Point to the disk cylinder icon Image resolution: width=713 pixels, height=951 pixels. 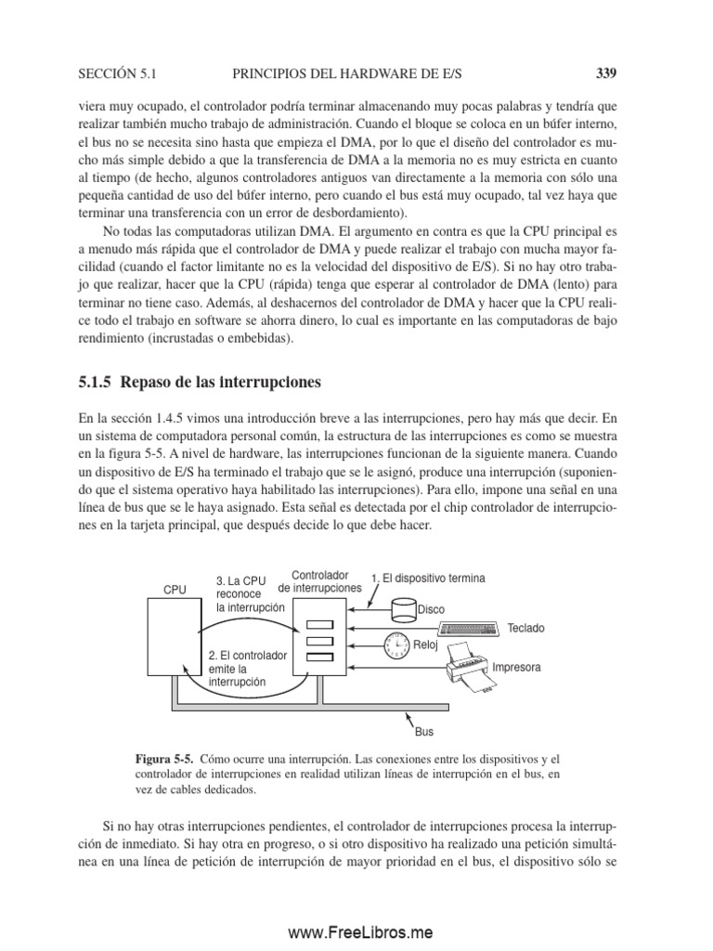pyautogui.click(x=404, y=607)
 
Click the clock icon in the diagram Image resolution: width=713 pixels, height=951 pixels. pyautogui.click(x=395, y=644)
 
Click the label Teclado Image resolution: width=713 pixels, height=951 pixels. pyautogui.click(x=525, y=629)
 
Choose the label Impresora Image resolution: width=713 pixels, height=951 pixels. pyautogui.click(x=516, y=667)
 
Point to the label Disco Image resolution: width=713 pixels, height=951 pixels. pyautogui.click(x=431, y=610)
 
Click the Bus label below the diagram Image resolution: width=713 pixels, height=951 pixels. pyautogui.click(x=423, y=731)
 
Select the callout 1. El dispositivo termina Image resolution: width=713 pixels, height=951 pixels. pyautogui.click(x=427, y=578)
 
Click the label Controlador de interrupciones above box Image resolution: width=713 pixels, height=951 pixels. pyautogui.click(x=319, y=581)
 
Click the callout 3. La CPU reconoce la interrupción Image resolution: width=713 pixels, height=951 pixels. pyautogui.click(x=250, y=593)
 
